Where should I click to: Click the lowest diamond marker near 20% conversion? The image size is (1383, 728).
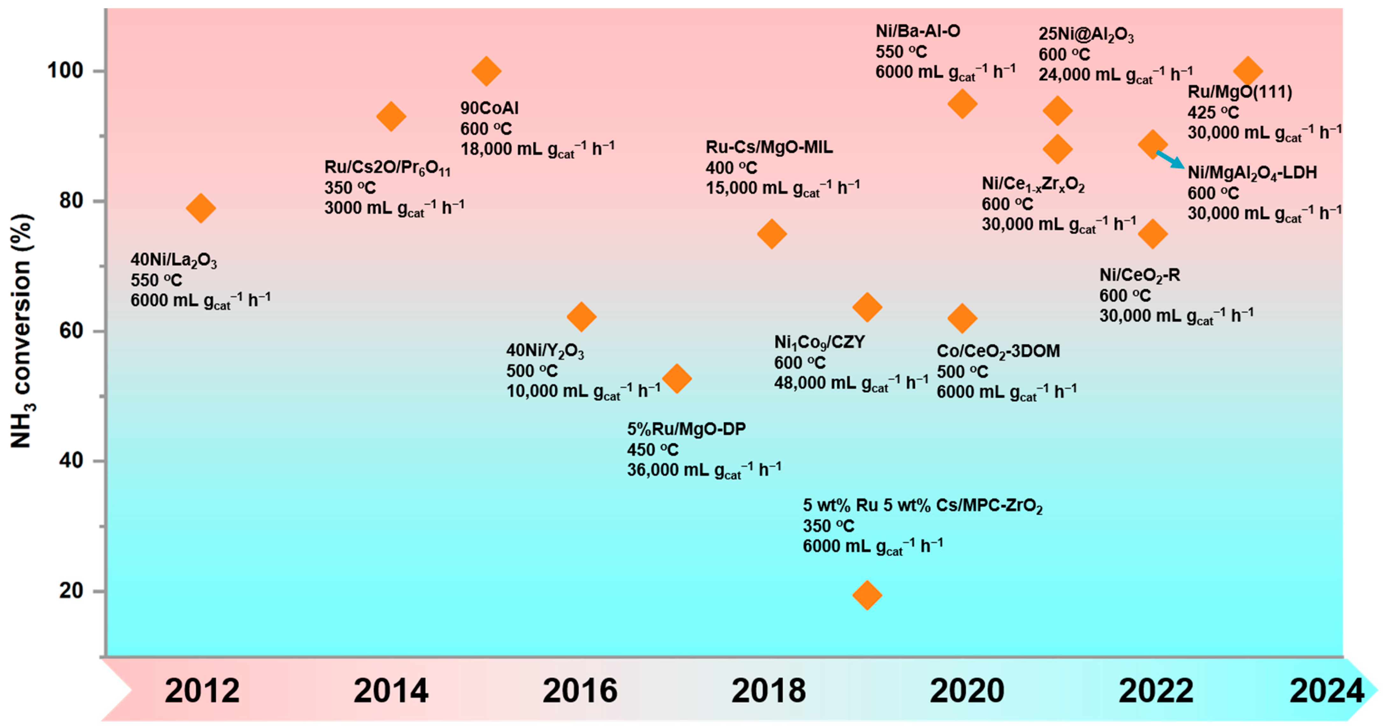tap(867, 595)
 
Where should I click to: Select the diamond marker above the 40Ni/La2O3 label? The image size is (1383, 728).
tap(201, 208)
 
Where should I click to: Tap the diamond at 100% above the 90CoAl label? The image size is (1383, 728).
tap(486, 71)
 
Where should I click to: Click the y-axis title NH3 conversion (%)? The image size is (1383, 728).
tap(21, 331)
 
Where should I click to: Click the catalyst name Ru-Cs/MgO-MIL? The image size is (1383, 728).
tap(769, 147)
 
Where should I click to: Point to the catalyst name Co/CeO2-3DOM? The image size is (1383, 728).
tap(998, 351)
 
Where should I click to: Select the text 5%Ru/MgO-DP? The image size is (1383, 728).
tap(686, 429)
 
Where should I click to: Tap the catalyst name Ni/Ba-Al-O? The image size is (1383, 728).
tap(918, 31)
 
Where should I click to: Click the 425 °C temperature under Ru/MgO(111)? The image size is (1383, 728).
tap(1213, 113)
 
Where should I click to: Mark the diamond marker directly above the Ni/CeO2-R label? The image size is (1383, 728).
tap(1152, 234)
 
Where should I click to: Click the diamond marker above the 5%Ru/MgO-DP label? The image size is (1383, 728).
tap(677, 379)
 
